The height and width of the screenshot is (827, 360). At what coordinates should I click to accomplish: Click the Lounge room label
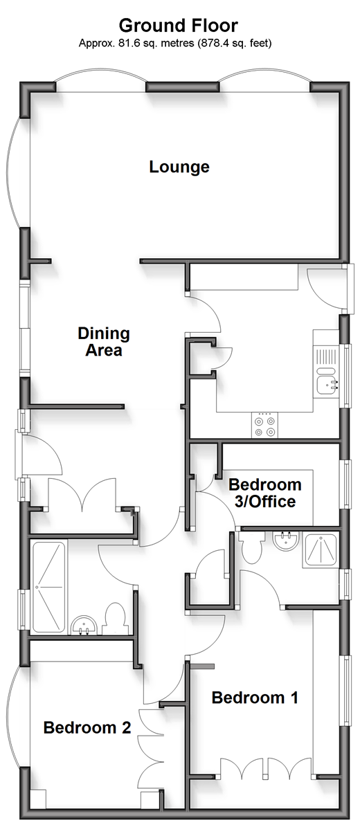point(179,167)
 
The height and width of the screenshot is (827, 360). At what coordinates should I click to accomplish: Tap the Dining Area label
point(104,341)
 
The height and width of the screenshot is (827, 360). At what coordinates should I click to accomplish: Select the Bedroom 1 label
point(255,698)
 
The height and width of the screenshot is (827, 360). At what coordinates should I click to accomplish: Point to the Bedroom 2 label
point(87,728)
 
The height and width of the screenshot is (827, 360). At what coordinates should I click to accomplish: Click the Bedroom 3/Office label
point(265,493)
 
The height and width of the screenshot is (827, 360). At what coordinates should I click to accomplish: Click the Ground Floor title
point(179,25)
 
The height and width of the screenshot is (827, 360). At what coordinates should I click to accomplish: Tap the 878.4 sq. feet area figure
point(235,43)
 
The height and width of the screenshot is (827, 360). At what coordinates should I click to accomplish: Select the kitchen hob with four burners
point(264,426)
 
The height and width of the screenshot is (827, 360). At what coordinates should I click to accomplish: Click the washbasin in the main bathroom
point(83,625)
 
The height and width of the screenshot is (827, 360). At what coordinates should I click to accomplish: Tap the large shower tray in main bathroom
point(49,586)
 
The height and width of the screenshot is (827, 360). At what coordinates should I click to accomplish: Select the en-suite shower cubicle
point(321,550)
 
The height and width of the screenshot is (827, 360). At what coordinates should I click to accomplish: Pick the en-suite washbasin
point(286,540)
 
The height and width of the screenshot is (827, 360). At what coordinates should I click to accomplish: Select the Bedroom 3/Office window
point(347,484)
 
